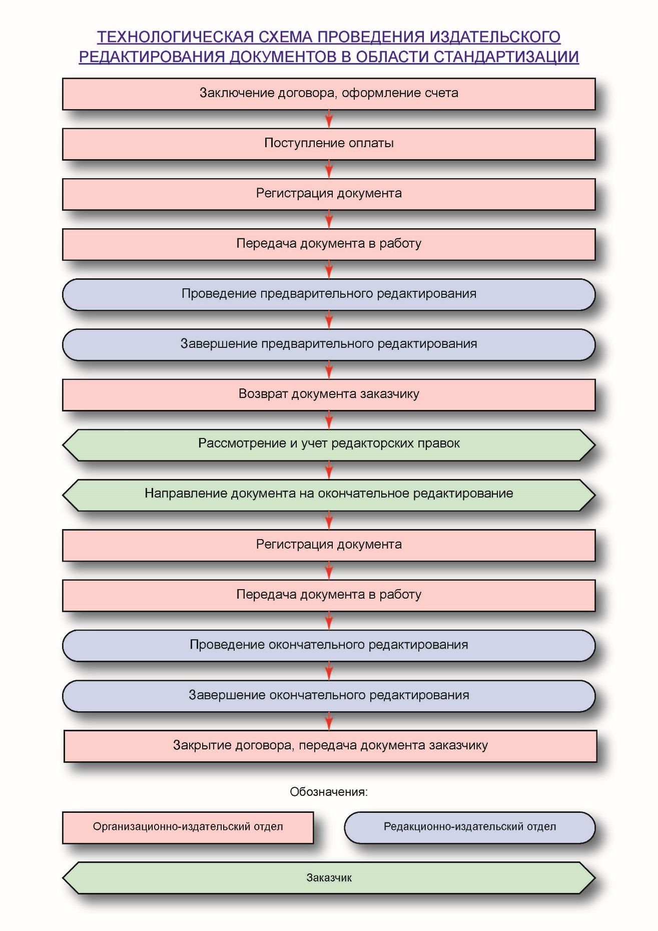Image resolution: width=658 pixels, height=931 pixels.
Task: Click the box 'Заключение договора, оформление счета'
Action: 329,94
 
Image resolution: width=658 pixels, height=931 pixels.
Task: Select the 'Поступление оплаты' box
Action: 329,144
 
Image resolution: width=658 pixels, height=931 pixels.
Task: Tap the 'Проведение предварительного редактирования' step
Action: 329,294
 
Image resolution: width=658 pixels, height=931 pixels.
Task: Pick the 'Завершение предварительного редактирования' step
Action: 329,344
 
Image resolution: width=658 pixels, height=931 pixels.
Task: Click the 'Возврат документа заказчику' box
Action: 329,394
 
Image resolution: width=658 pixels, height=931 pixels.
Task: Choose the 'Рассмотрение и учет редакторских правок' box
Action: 329,444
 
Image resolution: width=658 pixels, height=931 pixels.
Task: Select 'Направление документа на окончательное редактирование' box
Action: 329,495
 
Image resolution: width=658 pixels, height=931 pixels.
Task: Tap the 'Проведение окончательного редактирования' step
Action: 329,645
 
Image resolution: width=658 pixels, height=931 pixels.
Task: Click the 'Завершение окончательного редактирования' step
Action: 329,696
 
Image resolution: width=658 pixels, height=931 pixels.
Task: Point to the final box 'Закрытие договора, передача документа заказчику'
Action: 330,746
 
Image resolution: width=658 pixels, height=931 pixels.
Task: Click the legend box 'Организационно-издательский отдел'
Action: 188,827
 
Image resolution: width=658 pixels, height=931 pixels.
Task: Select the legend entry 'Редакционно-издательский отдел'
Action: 470,827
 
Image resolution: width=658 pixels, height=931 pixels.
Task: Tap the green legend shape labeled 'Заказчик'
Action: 329,877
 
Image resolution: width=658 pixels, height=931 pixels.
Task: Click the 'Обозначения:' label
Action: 329,792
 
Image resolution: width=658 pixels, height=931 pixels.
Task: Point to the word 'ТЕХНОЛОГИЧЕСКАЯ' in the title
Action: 175,37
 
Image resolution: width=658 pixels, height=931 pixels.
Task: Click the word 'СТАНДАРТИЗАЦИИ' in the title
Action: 506,57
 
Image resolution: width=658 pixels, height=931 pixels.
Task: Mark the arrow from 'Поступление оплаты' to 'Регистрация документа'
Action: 329,169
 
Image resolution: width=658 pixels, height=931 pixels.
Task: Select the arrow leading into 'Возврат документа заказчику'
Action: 329,369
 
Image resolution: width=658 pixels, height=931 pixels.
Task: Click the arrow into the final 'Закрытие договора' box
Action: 329,721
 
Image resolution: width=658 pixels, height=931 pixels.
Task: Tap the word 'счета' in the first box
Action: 441,93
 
